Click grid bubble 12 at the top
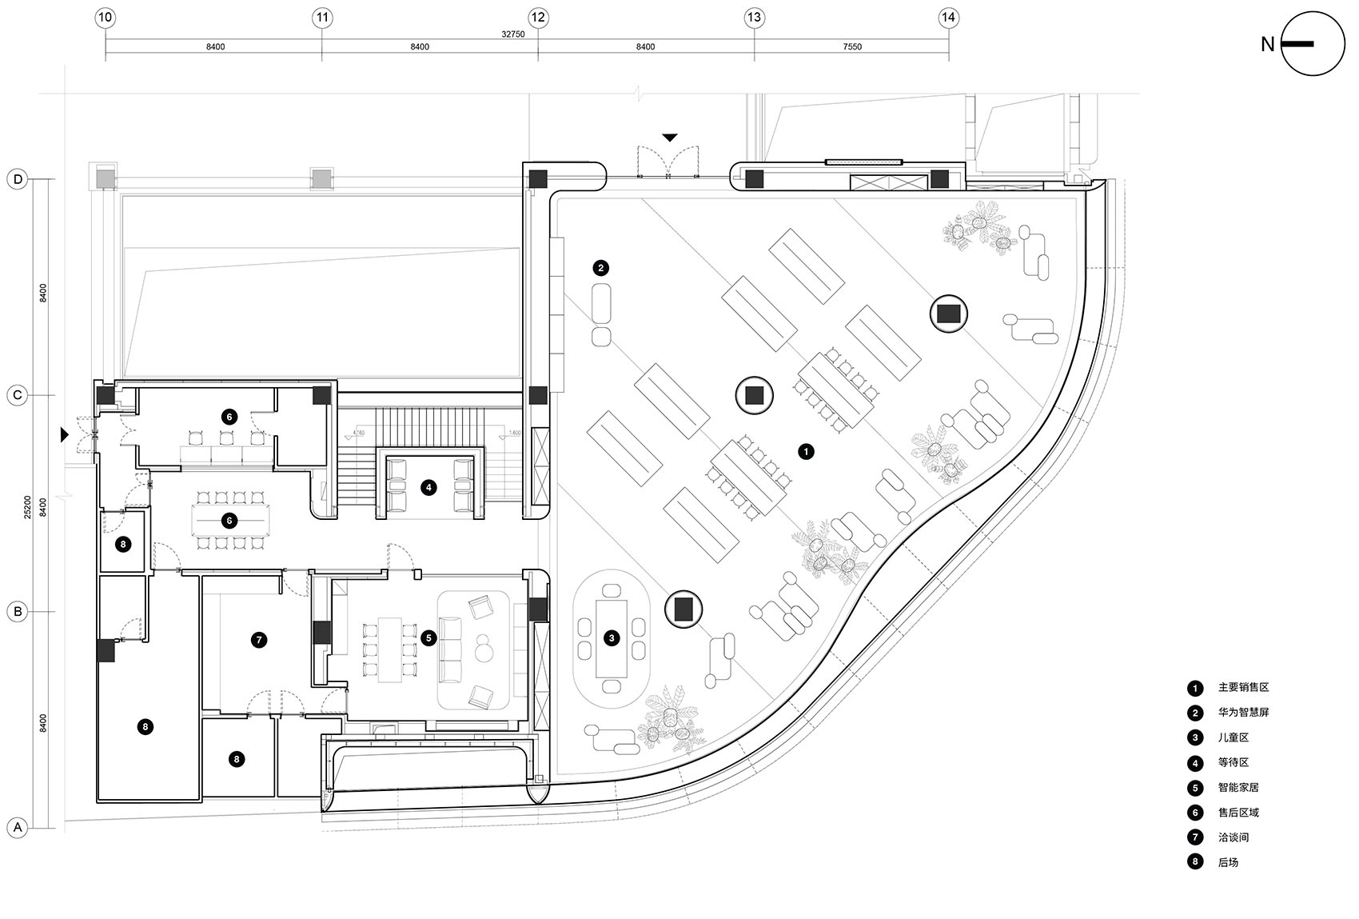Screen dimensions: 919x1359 pos(537,17)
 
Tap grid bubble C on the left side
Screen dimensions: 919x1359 pos(17,395)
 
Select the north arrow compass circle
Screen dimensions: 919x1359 pos(1313,44)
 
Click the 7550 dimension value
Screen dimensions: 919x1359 pos(852,47)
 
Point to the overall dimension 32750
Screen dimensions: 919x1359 pos(512,34)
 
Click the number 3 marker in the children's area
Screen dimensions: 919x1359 pos(612,638)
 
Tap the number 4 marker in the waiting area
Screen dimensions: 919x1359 pos(428,486)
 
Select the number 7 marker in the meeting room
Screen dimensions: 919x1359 pos(257,640)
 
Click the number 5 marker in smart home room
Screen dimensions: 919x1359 pos(428,637)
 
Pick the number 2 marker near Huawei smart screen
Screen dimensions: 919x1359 pos(600,268)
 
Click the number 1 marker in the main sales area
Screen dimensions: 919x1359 pos(806,452)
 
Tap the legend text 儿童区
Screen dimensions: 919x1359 pos(1233,737)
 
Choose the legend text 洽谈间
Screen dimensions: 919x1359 pos(1233,837)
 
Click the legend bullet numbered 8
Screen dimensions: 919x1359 pos(1195,862)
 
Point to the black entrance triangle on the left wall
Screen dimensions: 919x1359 pos(65,434)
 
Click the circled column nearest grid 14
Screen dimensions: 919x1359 pos(948,314)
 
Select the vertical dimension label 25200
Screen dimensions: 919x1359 pos(28,506)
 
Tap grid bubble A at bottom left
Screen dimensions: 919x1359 pos(17,828)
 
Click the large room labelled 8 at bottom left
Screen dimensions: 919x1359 pos(145,726)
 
